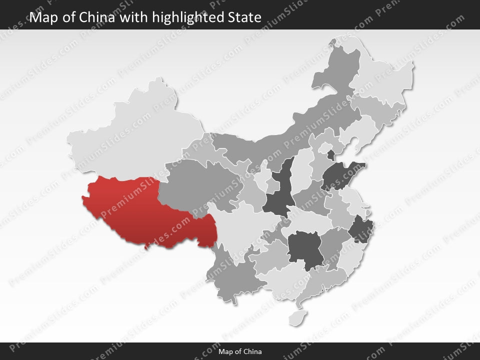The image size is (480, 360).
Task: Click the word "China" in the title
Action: (x=99, y=17)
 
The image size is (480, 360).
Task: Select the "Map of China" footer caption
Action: (x=240, y=351)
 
